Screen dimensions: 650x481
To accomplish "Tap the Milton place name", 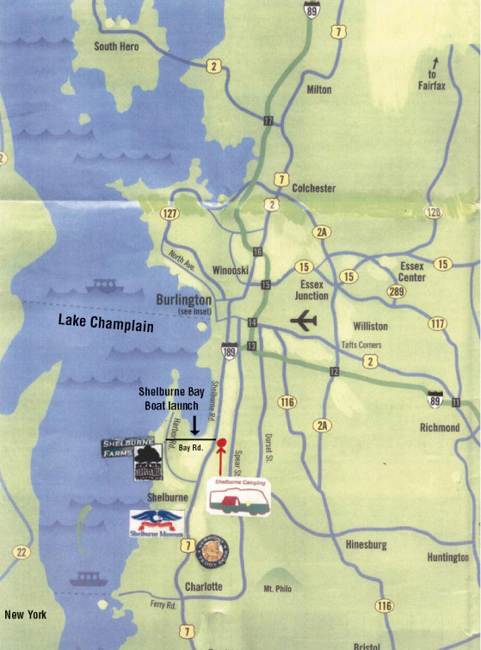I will [318, 89].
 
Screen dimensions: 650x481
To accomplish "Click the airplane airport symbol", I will [303, 322].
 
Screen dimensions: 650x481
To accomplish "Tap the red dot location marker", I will [221, 445].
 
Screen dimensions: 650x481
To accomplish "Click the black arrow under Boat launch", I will [195, 422].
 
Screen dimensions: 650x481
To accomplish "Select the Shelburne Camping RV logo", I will [239, 496].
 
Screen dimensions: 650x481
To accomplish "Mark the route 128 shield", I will [456, 212].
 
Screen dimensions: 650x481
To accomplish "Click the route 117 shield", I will [437, 324].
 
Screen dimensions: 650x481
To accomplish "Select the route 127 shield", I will [169, 213].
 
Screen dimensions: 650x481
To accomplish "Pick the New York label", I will [25, 615].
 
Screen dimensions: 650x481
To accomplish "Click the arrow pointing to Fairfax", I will [436, 63].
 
